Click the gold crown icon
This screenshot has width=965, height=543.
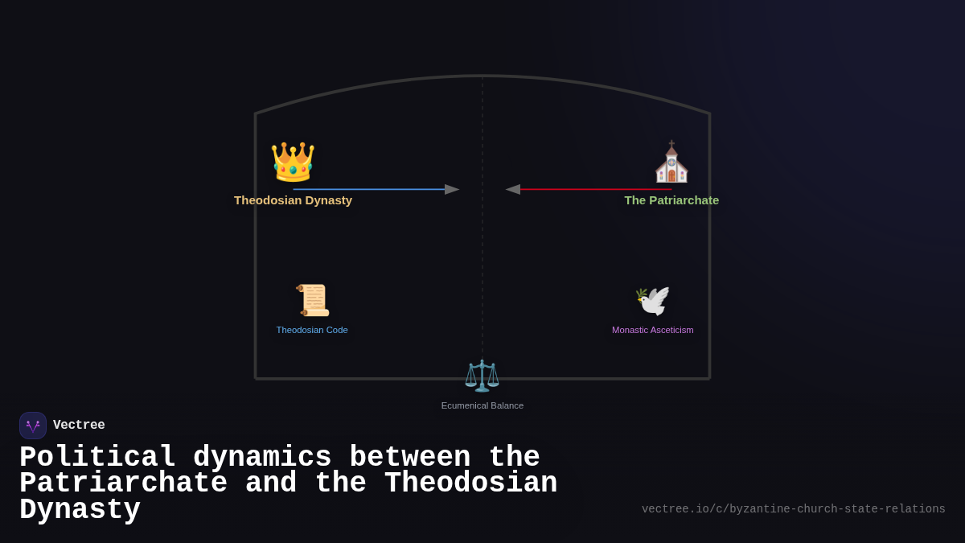[x=293, y=162]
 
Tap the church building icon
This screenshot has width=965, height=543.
[x=671, y=162]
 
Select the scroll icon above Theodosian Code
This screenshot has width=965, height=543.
[x=312, y=300]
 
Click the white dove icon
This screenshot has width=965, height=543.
[x=652, y=301]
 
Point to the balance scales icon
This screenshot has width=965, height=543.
[x=482, y=376]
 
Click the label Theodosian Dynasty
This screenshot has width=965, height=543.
[x=293, y=200]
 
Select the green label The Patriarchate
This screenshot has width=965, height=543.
[x=671, y=200]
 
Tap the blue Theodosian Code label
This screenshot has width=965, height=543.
[x=312, y=330]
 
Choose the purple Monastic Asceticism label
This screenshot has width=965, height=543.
[x=652, y=330]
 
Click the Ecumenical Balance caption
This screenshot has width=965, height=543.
[x=482, y=405]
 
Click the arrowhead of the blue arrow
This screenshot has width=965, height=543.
[x=453, y=190]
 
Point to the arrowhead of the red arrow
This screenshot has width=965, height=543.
[x=512, y=190]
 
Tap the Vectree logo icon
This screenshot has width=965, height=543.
[x=33, y=426]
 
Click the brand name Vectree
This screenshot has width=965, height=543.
[x=79, y=426]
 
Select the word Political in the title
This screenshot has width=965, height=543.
[x=97, y=458]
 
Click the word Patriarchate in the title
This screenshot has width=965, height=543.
[x=123, y=483]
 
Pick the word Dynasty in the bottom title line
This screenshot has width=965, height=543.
[x=80, y=510]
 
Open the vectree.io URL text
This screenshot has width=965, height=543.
[x=793, y=509]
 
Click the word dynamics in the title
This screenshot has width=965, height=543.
[x=262, y=458]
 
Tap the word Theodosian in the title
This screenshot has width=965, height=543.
[x=470, y=483]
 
